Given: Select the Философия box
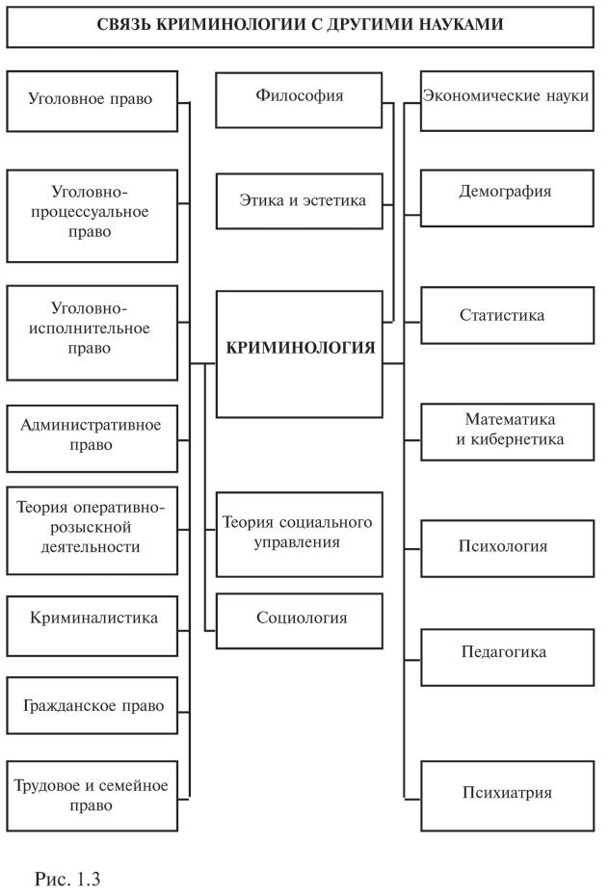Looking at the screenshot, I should tap(300, 98).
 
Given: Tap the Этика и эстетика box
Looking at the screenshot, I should tap(300, 200).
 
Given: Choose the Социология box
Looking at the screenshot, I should tap(300, 619).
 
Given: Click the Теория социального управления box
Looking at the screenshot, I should tap(300, 532).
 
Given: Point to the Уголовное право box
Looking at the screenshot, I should tap(92, 100).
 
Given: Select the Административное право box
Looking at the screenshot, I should tap(92, 435).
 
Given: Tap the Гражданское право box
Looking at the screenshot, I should tap(92, 705).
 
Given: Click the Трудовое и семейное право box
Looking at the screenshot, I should tap(92, 796).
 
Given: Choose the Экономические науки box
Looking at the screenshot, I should tap(507, 97).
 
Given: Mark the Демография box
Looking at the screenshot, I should tap(507, 193).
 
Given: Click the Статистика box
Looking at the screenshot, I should tap(507, 316).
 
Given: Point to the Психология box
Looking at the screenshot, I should tap(507, 547).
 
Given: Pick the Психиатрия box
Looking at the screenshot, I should tap(507, 794).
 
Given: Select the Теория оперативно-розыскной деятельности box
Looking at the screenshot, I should tap(92, 529).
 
